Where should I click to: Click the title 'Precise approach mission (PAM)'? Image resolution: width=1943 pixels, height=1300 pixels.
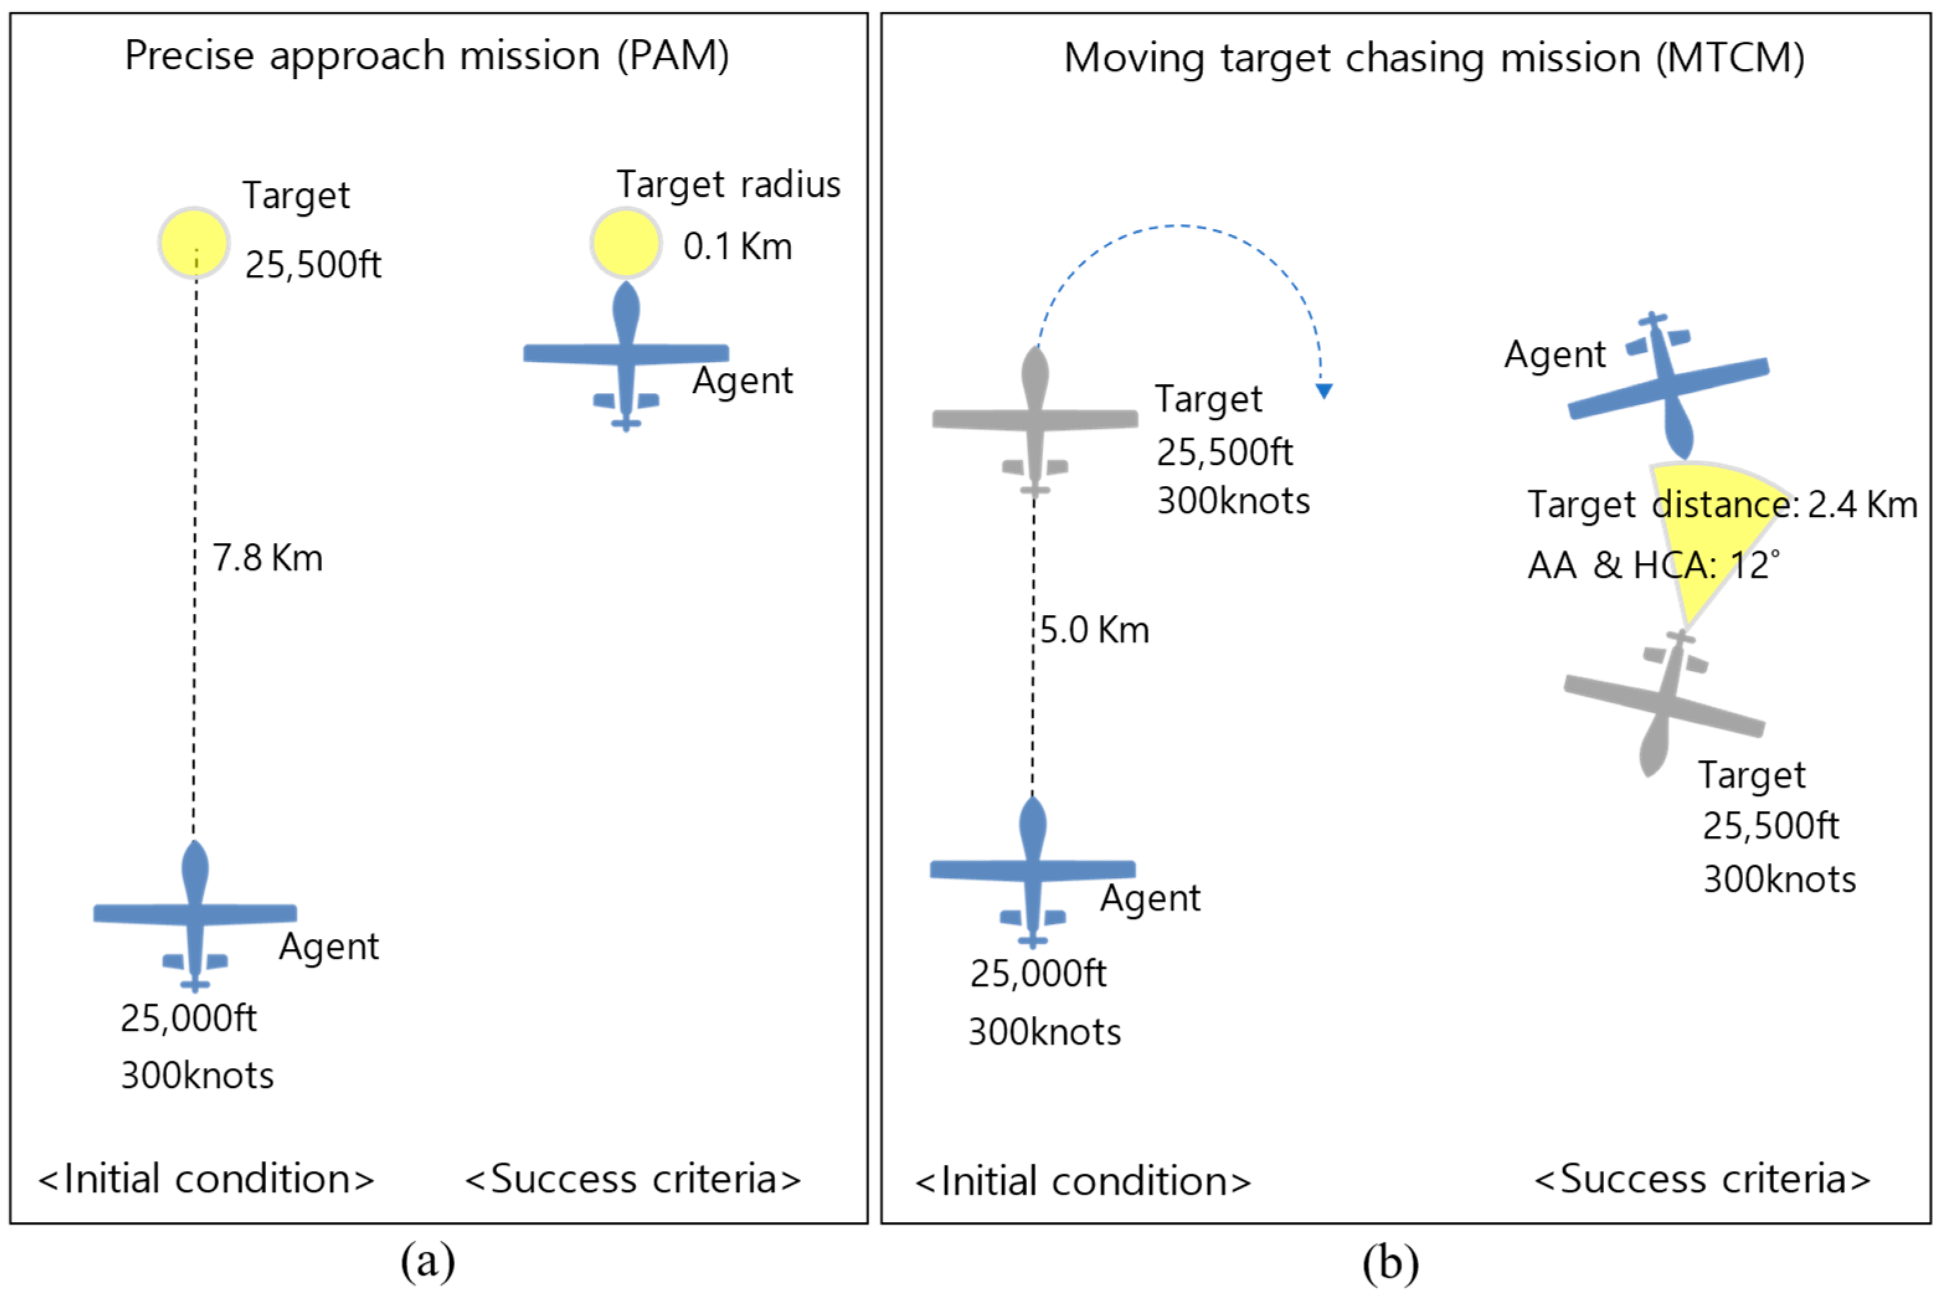pyautogui.click(x=427, y=56)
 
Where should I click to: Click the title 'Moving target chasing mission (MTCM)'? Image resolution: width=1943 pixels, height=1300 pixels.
pyautogui.click(x=1434, y=58)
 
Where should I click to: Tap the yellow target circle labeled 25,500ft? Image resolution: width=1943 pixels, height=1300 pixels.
pyautogui.click(x=194, y=242)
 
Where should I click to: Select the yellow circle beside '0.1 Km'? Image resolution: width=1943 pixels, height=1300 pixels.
pyautogui.click(x=626, y=242)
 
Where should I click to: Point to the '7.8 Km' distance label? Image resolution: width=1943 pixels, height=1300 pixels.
pyautogui.click(x=267, y=558)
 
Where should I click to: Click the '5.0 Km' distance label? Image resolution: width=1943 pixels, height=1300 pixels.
pyautogui.click(x=1094, y=630)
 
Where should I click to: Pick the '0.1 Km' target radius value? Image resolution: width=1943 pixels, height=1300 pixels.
pyautogui.click(x=737, y=246)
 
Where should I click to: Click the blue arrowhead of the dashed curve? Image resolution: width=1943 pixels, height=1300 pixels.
pyautogui.click(x=1324, y=390)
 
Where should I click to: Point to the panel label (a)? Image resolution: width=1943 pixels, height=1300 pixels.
pyautogui.click(x=428, y=1262)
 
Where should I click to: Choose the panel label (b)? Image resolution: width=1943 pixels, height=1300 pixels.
pyautogui.click(x=1390, y=1263)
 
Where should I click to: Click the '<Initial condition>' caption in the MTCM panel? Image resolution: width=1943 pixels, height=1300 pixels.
pyautogui.click(x=1082, y=1181)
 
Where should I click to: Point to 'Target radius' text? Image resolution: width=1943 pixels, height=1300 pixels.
pyautogui.click(x=728, y=184)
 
